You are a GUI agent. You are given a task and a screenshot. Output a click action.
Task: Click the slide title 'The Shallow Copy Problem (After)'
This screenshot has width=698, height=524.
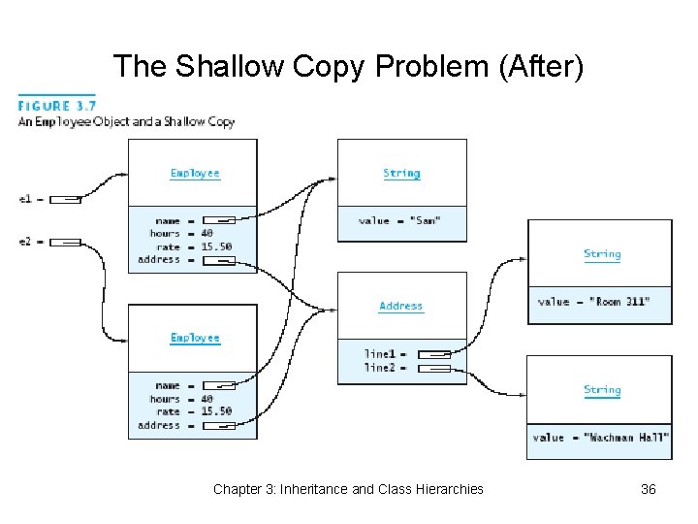(348, 66)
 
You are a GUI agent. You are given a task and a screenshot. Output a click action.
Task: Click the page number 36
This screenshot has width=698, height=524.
(648, 489)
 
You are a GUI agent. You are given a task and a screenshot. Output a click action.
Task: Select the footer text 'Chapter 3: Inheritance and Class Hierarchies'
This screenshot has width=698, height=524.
(348, 489)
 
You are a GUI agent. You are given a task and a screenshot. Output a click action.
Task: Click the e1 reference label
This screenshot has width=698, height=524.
(25, 199)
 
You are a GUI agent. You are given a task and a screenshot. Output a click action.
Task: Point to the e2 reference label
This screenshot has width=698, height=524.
(25, 242)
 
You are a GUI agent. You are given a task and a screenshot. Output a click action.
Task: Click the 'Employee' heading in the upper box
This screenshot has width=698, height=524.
(195, 173)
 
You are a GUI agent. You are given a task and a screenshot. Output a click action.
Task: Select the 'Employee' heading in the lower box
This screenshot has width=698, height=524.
(195, 338)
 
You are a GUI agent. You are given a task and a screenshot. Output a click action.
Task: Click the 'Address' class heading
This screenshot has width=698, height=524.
(400, 306)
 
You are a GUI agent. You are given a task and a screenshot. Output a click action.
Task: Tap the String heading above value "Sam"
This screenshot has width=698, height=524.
(401, 173)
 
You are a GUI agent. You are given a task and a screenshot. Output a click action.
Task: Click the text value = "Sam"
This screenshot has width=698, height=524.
(399, 221)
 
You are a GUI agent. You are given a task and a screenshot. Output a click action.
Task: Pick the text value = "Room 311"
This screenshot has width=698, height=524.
(593, 302)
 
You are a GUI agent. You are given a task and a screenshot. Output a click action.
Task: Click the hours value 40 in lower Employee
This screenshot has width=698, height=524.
(206, 399)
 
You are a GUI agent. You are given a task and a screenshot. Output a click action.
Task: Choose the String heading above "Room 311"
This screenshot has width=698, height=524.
(602, 254)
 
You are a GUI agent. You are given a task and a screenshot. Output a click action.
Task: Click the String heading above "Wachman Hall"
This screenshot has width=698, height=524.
(602, 390)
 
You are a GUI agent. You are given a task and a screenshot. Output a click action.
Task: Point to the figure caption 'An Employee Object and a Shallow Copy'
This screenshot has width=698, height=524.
(126, 122)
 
